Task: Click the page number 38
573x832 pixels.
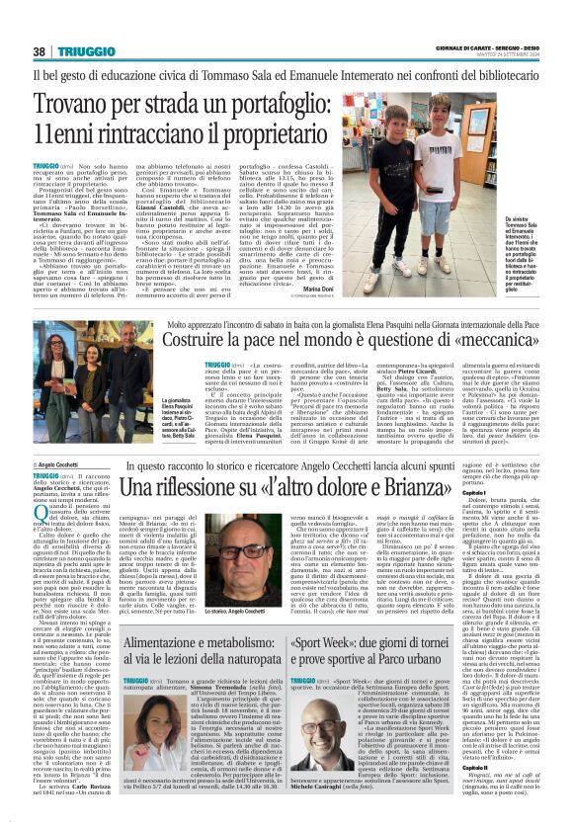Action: (40, 51)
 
